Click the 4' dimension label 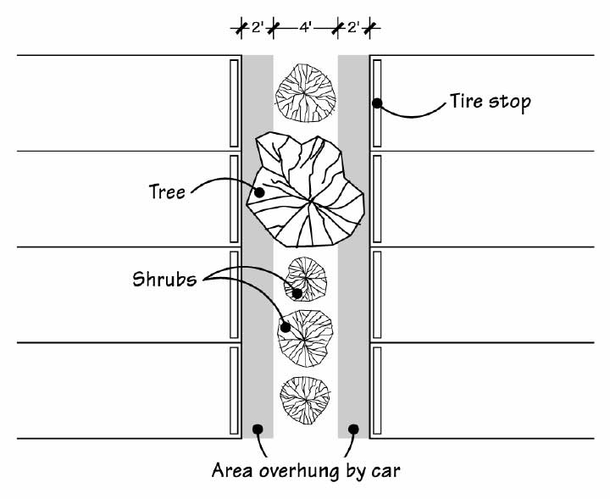click(305, 28)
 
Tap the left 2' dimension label click(258, 28)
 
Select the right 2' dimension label click(353, 28)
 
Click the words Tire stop click(491, 102)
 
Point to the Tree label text click(167, 191)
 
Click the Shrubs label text click(164, 279)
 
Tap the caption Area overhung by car click(306, 470)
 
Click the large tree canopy click(305, 190)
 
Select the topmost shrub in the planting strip click(305, 92)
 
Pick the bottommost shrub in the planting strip click(305, 400)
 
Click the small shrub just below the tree click(305, 279)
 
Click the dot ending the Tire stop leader click(377, 103)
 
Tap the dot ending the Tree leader click(259, 192)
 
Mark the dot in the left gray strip click(258, 429)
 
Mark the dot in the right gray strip click(353, 429)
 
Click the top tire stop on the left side click(234, 103)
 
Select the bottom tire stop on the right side click(377, 391)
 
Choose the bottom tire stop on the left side click(234, 391)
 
